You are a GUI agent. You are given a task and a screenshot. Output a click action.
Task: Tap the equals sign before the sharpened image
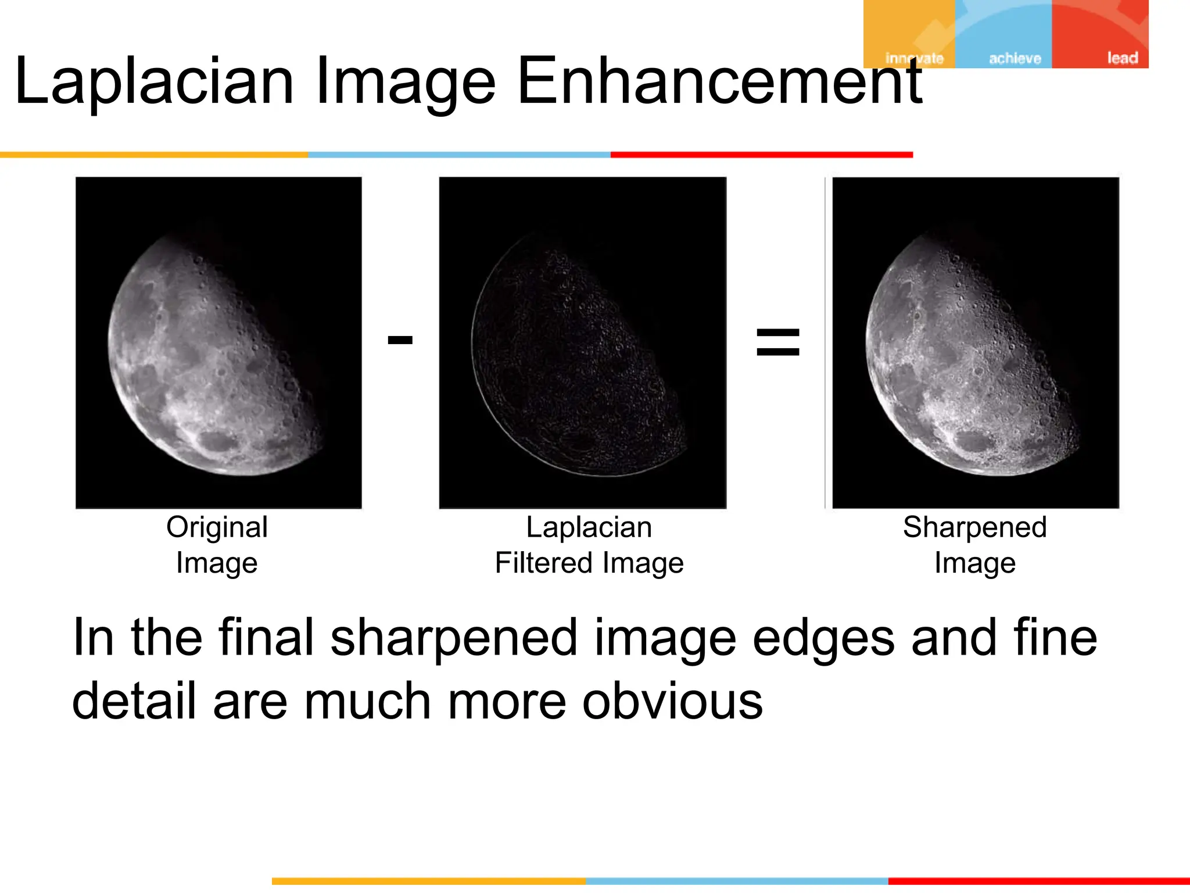[x=777, y=342]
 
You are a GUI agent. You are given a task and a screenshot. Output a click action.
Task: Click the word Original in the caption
[x=217, y=527]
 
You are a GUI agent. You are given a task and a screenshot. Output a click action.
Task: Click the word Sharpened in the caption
[x=974, y=527]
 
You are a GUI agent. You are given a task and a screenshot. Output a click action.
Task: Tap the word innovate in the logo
[x=914, y=58]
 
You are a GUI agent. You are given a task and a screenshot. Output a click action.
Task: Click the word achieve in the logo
[x=1015, y=58]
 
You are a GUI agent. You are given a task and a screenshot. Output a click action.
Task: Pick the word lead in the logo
[x=1121, y=58]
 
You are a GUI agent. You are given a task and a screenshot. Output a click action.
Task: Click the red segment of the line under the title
[x=761, y=155]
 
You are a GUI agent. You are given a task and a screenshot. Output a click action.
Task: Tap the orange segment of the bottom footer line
[x=429, y=881]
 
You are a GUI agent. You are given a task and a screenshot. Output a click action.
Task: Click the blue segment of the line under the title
[x=459, y=155]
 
